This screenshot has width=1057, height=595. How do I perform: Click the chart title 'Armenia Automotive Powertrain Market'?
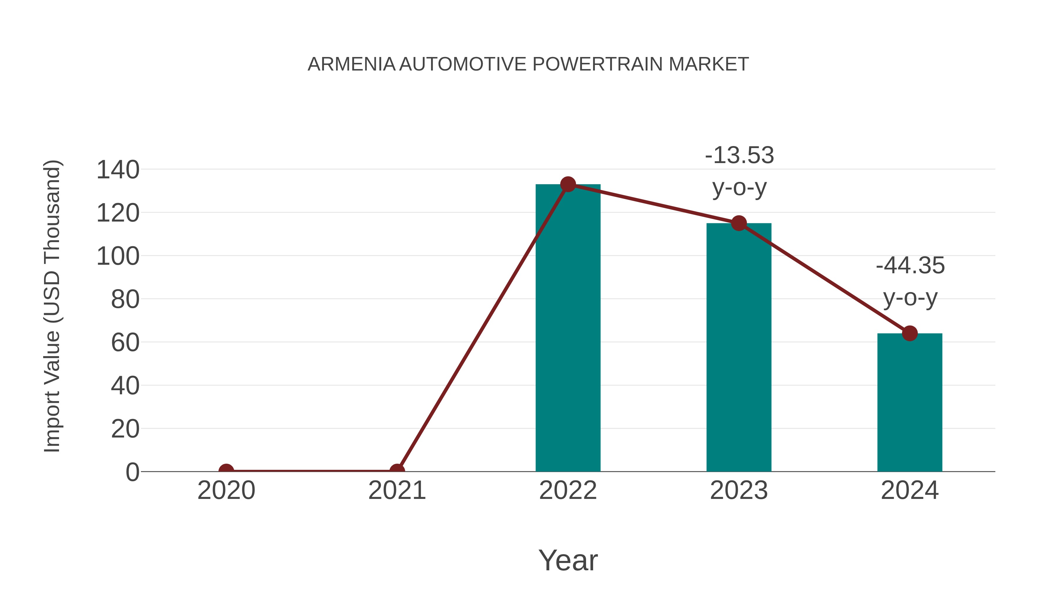(528, 64)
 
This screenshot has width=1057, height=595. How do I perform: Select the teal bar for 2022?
(568, 328)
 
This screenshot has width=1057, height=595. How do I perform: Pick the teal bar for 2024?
(910, 403)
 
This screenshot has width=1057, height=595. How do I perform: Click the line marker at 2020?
(226, 471)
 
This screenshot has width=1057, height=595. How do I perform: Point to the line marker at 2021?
(397, 471)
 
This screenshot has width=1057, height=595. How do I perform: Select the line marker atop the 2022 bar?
(568, 184)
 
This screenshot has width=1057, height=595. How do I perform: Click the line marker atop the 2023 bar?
(739, 223)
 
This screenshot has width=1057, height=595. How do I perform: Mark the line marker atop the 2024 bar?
(910, 333)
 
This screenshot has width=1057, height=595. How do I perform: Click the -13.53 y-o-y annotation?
(739, 171)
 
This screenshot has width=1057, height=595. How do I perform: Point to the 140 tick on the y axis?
(118, 170)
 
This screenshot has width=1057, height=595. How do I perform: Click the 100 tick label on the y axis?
(118, 256)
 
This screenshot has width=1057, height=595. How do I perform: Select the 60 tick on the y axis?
(125, 343)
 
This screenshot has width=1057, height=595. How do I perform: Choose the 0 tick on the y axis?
(132, 472)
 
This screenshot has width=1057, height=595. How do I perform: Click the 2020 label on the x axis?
(226, 490)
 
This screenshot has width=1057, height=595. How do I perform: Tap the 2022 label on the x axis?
(568, 490)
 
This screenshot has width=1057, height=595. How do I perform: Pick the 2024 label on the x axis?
(910, 490)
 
